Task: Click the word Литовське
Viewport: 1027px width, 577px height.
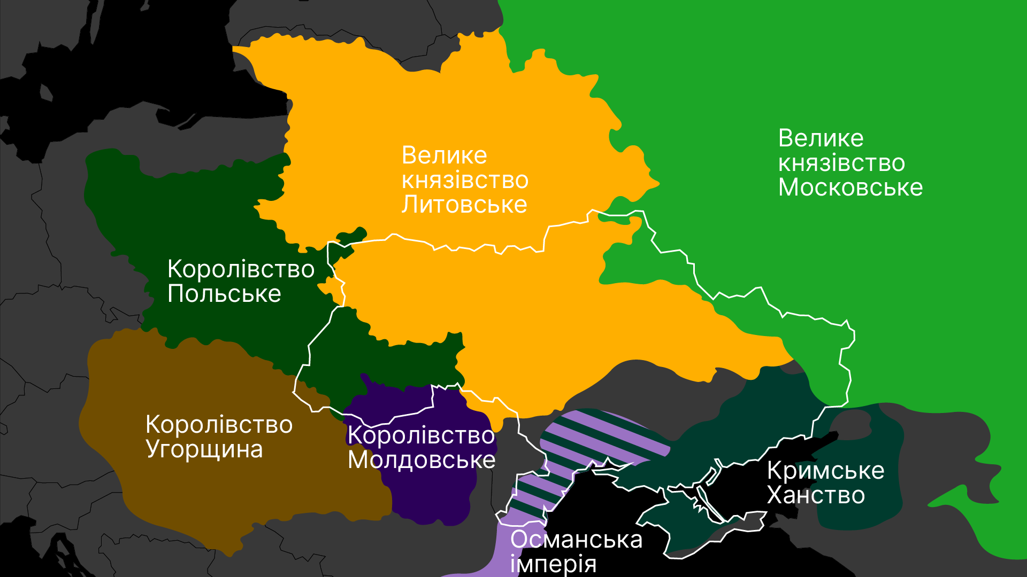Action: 464,205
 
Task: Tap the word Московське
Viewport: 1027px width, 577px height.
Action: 850,188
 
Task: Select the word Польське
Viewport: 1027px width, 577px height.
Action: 224,294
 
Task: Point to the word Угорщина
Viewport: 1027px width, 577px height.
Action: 204,449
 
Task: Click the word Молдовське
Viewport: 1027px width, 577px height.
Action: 421,460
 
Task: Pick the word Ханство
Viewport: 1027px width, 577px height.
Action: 816,495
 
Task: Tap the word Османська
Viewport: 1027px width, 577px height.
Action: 576,540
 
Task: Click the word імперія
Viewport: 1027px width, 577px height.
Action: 553,564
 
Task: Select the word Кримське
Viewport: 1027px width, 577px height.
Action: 825,471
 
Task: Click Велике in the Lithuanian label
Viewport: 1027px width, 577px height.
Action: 444,155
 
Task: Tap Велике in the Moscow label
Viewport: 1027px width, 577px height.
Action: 821,138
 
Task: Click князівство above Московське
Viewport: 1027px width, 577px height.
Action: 841,163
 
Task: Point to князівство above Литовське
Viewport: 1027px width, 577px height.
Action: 465,180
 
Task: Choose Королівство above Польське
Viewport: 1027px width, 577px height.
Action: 241,269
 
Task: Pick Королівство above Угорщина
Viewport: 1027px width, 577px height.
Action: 219,425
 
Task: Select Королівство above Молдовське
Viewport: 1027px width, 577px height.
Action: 421,435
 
